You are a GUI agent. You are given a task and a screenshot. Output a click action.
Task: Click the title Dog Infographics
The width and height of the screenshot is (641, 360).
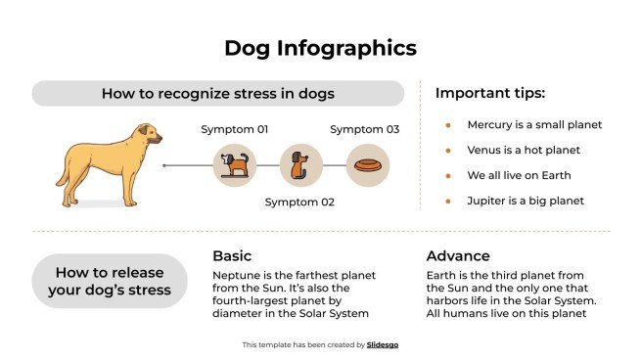tap(320, 48)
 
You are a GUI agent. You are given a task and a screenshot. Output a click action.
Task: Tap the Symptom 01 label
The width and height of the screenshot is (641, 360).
tap(235, 129)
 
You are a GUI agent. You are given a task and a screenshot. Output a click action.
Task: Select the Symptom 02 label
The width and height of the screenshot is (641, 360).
tap(299, 202)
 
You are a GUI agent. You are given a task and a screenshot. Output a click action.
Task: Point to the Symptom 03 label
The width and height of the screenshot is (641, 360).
tap(364, 129)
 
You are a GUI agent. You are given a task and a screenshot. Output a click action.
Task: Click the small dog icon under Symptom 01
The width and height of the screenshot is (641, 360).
tap(235, 165)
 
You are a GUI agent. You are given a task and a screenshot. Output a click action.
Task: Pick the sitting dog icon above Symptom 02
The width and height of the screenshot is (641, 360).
tap(300, 165)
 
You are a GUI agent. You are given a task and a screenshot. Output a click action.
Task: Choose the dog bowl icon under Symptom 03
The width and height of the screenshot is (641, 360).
tap(367, 165)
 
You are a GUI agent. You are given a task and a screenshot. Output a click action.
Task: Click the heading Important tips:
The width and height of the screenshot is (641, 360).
tap(489, 94)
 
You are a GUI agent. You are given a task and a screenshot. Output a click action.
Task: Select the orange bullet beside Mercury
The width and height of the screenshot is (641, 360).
tap(447, 125)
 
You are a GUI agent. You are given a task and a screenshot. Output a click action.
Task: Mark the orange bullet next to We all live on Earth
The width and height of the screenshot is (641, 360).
tap(447, 176)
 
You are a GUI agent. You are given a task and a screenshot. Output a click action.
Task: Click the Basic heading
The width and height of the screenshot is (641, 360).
tap(232, 256)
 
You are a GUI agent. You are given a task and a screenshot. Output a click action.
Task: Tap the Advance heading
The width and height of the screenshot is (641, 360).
tap(458, 256)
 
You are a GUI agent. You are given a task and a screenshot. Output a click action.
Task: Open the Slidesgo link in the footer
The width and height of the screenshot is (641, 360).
tap(384, 344)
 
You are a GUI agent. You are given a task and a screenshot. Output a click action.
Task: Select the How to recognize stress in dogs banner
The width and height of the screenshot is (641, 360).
tap(218, 94)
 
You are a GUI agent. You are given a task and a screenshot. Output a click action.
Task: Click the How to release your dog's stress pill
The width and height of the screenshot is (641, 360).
tap(110, 281)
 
